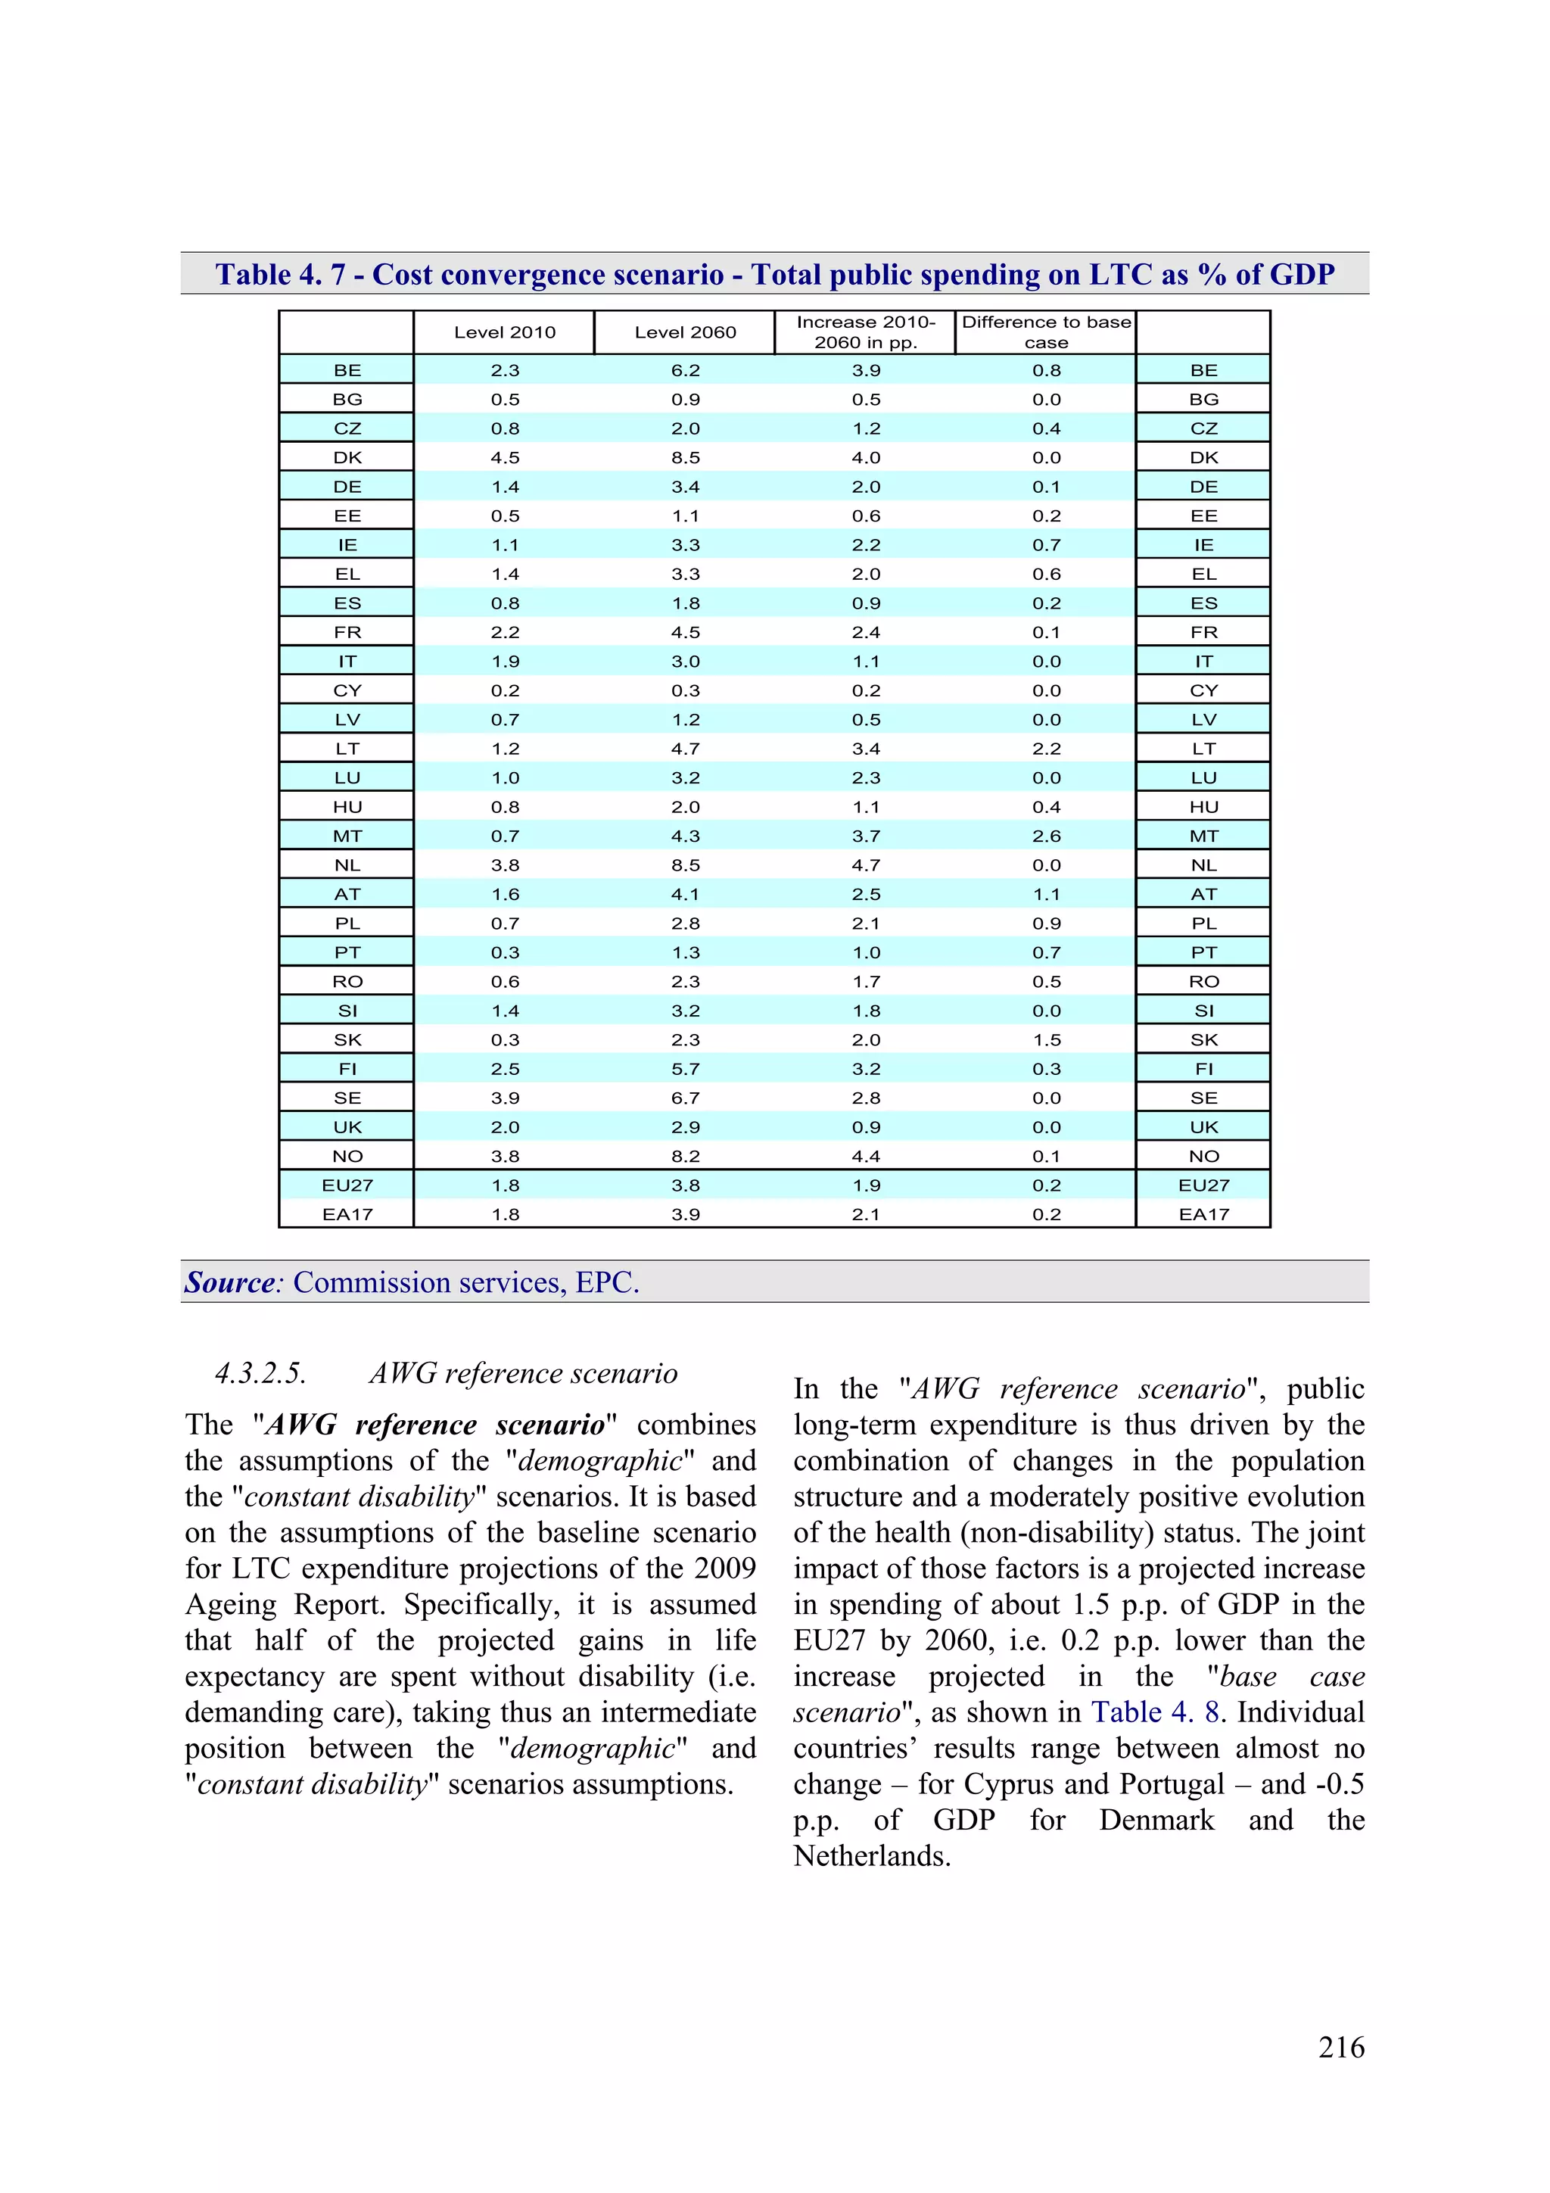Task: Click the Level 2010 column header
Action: [504, 332]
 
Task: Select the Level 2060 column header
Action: [685, 332]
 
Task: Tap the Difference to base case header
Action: [1046, 332]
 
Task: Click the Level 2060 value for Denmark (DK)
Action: [685, 457]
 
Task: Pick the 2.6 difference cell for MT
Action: [1046, 836]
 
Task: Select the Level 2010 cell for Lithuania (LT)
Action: [504, 749]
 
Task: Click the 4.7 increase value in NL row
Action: [865, 865]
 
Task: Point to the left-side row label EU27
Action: [347, 1185]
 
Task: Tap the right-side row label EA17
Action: [1203, 1214]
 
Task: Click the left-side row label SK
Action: [347, 1040]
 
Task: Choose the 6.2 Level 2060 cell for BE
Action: [685, 371]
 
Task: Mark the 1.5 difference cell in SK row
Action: [1046, 1040]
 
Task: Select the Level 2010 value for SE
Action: [504, 1098]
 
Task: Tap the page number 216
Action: [1341, 2047]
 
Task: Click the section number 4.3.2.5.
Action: [260, 1373]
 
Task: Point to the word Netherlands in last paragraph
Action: [870, 1856]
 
